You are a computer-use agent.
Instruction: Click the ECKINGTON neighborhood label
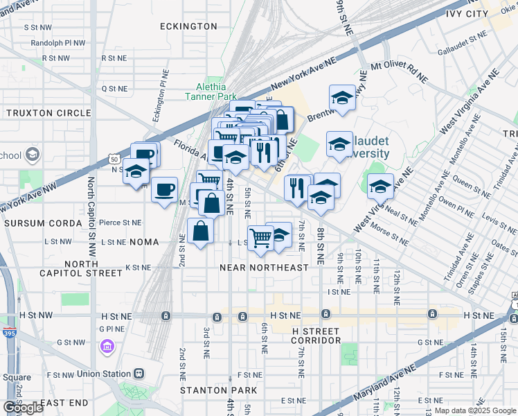188,26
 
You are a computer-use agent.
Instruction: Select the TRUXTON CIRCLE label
48,113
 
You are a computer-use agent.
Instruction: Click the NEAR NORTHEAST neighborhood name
264,268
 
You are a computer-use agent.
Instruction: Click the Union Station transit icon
139,374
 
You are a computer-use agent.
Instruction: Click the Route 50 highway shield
114,159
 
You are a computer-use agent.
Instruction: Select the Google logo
24,407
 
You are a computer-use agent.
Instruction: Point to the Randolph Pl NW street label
58,42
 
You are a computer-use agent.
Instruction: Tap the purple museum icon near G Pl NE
107,345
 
